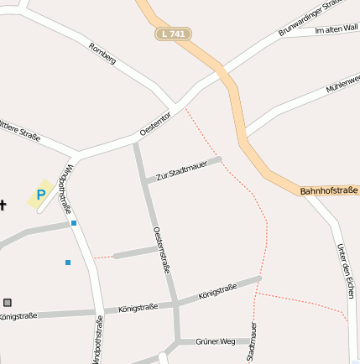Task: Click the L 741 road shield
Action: [173, 34]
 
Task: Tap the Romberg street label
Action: [102, 54]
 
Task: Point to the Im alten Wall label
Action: [336, 29]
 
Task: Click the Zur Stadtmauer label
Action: [181, 170]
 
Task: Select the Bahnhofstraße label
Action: [328, 191]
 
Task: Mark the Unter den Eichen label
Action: [344, 270]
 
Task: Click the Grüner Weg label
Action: [215, 342]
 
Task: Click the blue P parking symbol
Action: [40, 195]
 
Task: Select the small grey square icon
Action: [8, 302]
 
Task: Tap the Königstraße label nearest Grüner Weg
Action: [217, 292]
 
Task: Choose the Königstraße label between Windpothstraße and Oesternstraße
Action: [138, 308]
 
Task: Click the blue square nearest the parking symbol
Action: [74, 223]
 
